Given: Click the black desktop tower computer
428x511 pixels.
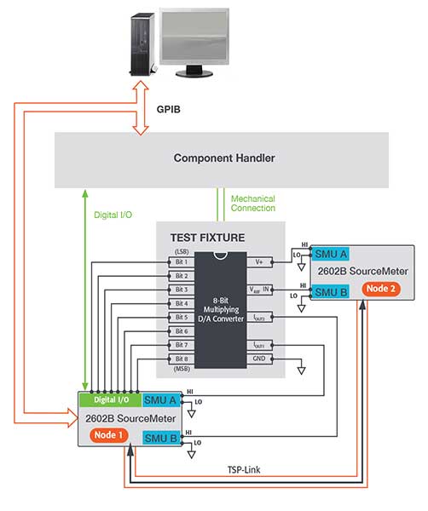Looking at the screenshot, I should coord(142,43).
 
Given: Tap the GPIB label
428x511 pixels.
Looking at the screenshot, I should coord(171,110).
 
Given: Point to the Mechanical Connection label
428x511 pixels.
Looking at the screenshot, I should coord(253,204).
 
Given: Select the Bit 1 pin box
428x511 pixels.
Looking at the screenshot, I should coord(181,262).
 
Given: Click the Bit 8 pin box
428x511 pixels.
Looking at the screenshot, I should coord(181,359).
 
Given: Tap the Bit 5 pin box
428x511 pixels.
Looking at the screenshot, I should coord(181,318).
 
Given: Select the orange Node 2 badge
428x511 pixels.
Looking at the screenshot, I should coord(379,289).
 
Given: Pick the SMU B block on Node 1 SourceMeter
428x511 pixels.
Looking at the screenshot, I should coord(160,438).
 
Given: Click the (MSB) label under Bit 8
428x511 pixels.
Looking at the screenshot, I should coord(181,369).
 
